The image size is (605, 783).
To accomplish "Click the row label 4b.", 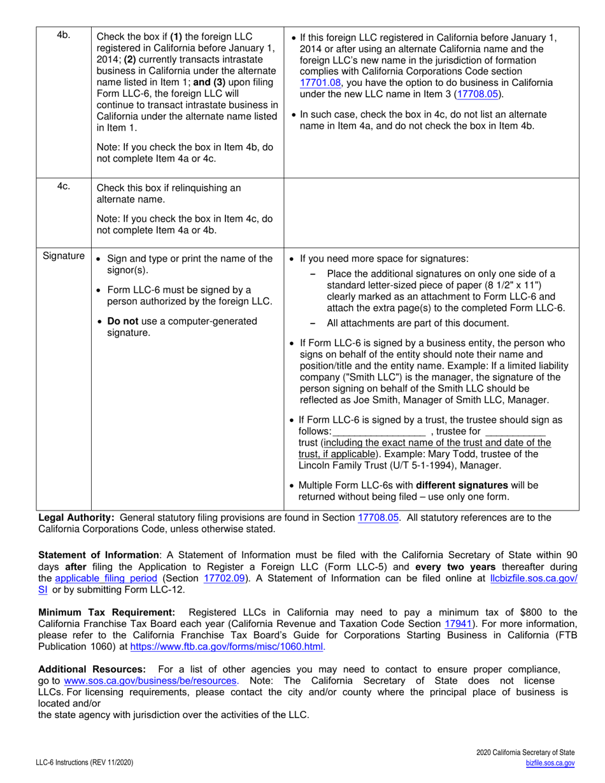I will click(x=63, y=36).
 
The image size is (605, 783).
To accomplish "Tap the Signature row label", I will click(x=64, y=256).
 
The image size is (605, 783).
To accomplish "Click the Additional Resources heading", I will click(x=92, y=669).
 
